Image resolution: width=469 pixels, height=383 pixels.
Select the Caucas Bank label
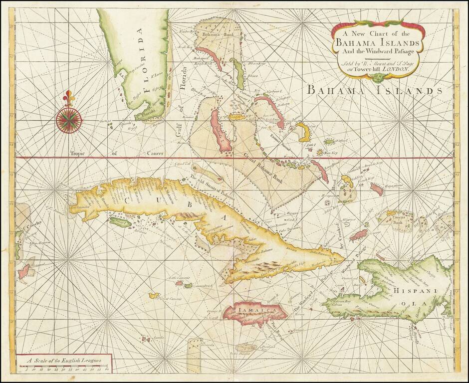pos(398,219)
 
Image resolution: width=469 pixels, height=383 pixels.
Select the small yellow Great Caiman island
pos(154,295)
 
